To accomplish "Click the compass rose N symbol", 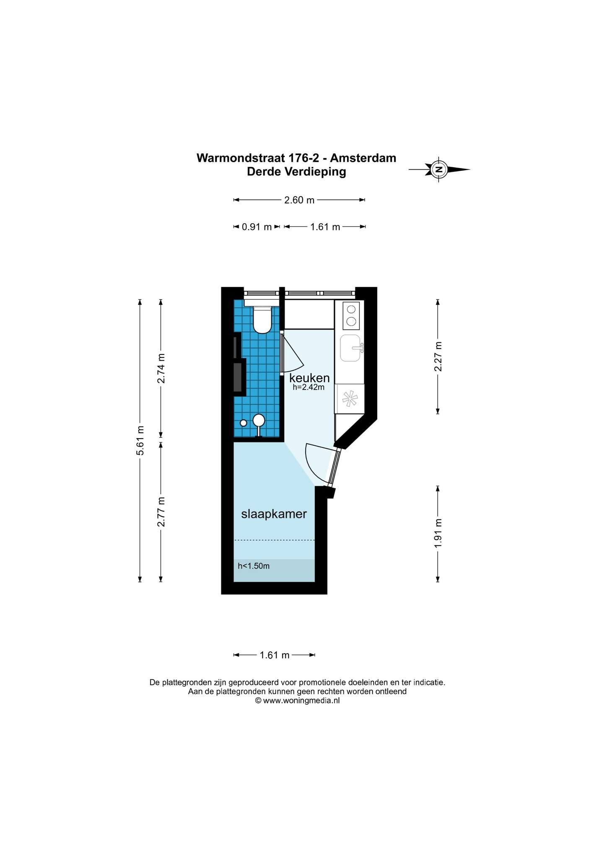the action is point(438,170).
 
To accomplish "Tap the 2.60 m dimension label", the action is point(299,200).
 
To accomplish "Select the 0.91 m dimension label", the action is point(257,227).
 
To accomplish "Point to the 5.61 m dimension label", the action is point(140,440).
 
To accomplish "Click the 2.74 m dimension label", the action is point(161,368).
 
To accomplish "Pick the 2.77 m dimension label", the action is point(161,512).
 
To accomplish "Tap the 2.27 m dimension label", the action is point(438,357).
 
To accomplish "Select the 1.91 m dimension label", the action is point(438,533).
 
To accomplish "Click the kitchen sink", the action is point(350,348).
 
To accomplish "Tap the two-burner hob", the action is point(351,315).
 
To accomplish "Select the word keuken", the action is point(309,378).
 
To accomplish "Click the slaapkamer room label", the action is point(274,514).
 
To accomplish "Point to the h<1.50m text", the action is point(254,566).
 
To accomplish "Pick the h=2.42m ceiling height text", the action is point(309,388).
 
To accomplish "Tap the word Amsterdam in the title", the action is point(363,158).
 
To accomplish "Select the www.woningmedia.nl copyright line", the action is point(298,700).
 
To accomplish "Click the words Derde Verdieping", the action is point(297,172).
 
